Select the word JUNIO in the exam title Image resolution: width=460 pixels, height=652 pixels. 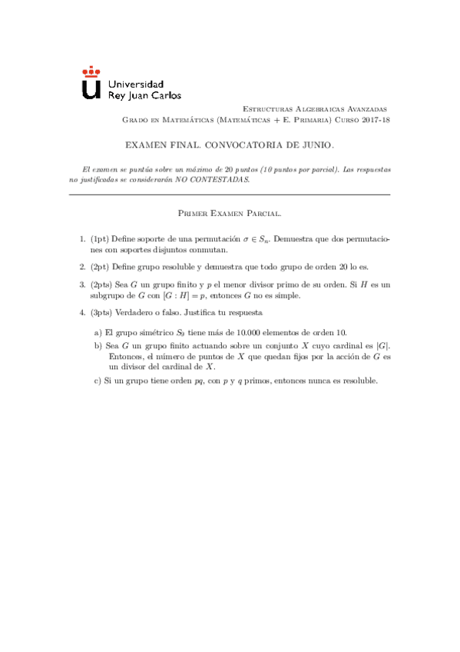(316, 145)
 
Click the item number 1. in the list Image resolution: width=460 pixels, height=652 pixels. (83, 241)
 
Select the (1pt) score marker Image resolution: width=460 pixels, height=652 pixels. (101, 241)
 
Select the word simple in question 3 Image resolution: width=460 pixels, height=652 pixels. (287, 295)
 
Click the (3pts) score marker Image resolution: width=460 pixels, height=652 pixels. (103, 313)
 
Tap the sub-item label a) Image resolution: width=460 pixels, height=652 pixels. (98, 332)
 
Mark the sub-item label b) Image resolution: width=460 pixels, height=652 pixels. (98, 347)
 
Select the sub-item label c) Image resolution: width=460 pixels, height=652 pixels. (98, 381)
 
